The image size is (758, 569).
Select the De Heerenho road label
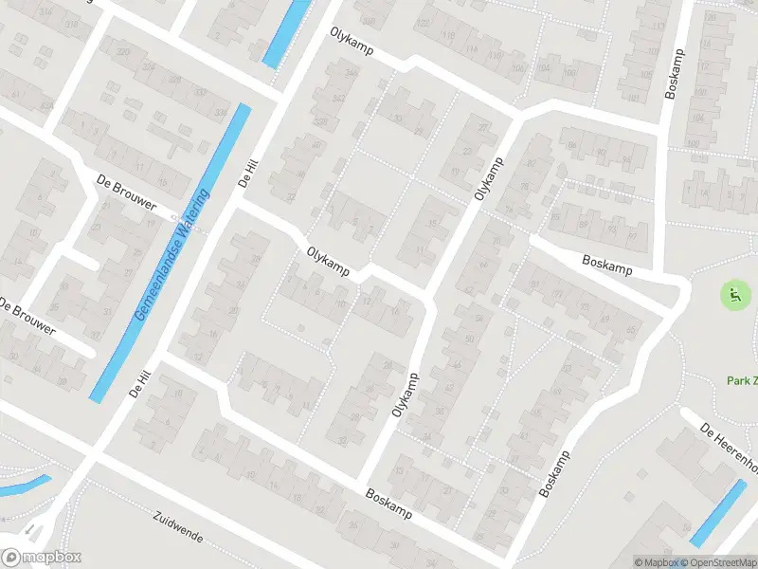tap(731, 446)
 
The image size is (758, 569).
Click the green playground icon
tap(734, 296)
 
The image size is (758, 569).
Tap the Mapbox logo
tap(41, 558)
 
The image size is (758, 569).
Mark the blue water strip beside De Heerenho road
tap(717, 513)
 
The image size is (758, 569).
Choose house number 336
tap(221, 112)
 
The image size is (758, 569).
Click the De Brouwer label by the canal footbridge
tap(126, 191)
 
